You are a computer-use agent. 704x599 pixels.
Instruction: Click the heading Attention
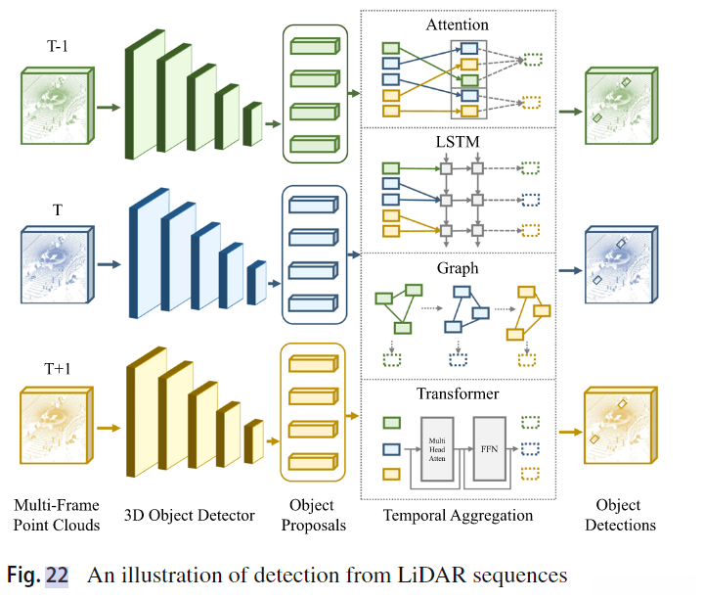(x=459, y=23)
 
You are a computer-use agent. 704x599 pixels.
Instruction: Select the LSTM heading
(x=459, y=143)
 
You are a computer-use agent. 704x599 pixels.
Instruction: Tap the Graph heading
(x=459, y=266)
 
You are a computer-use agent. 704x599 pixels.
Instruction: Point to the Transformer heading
(x=459, y=393)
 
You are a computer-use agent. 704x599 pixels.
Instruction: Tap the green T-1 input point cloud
(x=55, y=107)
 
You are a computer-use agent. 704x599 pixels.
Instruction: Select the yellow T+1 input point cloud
(x=55, y=427)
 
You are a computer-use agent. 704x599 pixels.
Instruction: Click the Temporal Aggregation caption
(x=458, y=515)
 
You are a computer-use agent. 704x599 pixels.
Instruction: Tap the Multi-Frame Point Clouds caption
(x=56, y=515)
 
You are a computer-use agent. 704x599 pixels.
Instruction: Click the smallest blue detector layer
(x=257, y=283)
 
